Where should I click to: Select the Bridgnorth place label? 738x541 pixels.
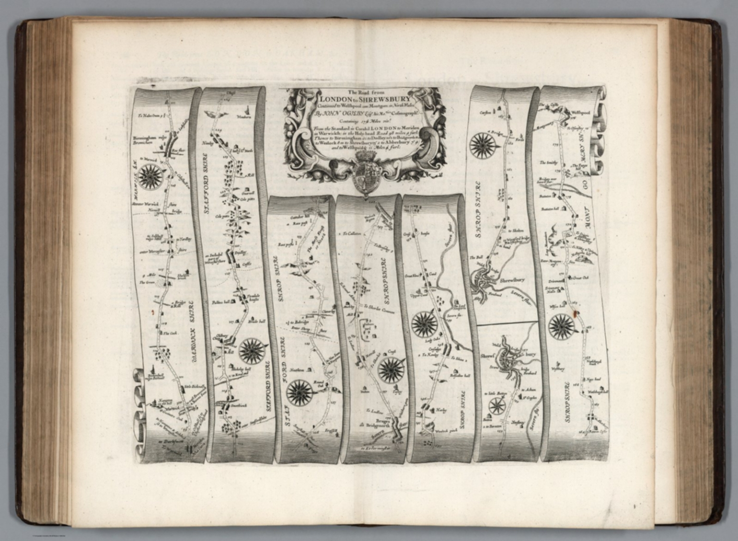(376, 425)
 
